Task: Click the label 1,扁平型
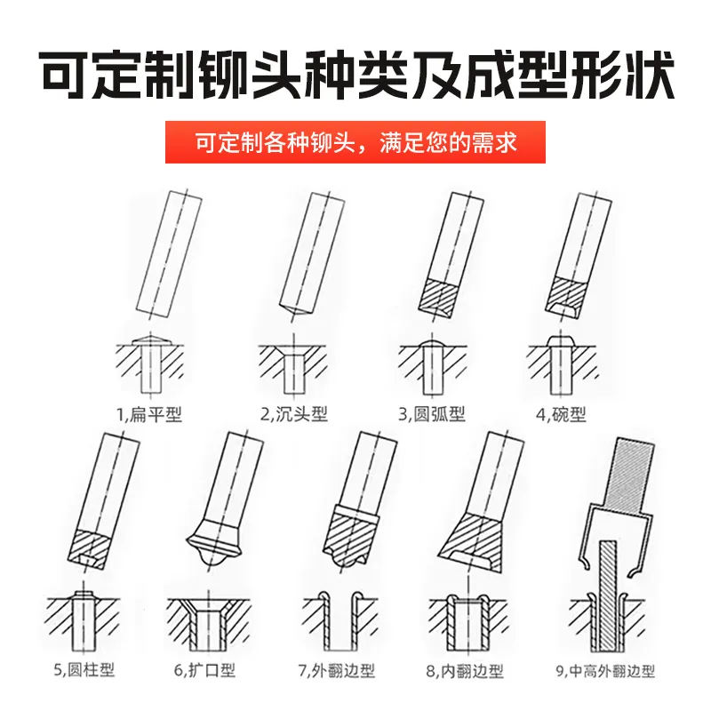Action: point(149,414)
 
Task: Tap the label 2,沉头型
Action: point(294,413)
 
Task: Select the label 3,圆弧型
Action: point(432,413)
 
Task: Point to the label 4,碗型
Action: point(561,414)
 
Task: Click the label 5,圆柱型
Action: point(84,669)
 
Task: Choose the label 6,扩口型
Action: point(204,670)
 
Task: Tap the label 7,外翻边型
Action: point(337,671)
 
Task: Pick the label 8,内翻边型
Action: point(465,671)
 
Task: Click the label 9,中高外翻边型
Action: point(605,671)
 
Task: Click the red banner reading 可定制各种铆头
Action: point(355,142)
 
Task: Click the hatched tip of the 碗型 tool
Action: point(567,296)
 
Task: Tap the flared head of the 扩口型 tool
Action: point(214,543)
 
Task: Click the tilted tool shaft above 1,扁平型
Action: point(169,255)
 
